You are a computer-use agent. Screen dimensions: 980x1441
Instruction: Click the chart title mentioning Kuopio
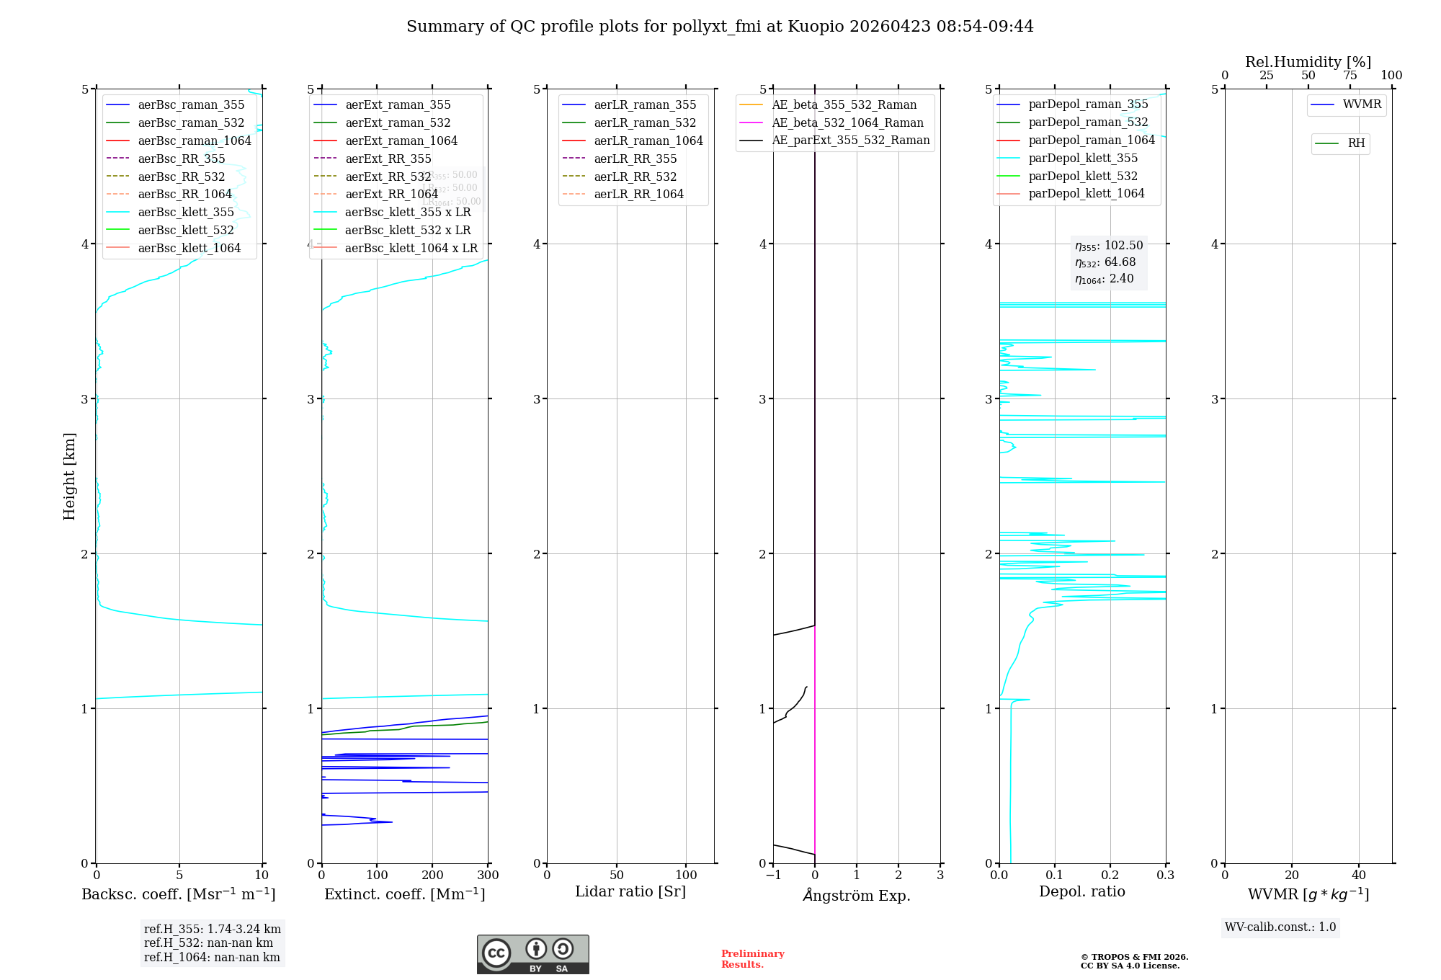point(720,27)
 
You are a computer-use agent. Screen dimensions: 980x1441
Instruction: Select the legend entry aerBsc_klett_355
point(186,212)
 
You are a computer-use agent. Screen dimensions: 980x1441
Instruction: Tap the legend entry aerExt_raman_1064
point(401,141)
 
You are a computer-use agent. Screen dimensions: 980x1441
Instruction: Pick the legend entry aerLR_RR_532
point(635,177)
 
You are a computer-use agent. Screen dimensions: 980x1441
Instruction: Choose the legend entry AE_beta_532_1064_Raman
point(847,122)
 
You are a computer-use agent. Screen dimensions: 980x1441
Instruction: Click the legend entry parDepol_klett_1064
point(1086,193)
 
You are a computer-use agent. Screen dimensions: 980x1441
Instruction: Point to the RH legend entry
point(1355,143)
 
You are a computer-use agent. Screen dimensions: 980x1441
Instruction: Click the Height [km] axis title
point(69,476)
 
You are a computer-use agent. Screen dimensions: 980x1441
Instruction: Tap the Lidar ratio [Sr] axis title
point(630,891)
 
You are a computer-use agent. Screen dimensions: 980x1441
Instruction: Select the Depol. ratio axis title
point(1081,891)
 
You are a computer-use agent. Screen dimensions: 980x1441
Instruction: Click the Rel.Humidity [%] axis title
point(1308,62)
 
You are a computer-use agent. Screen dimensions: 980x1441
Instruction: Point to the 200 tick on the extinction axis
point(432,875)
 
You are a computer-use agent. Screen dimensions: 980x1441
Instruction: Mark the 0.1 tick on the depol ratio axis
point(1055,875)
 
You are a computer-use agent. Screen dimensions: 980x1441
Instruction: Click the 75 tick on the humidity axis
point(1350,76)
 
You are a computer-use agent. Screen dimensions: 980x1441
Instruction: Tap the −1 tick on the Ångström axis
point(773,875)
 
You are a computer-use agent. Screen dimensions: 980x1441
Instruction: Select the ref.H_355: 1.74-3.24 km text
point(213,929)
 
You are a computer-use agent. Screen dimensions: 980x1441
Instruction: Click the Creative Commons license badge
point(532,955)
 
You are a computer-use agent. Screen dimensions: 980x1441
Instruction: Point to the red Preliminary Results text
point(752,958)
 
